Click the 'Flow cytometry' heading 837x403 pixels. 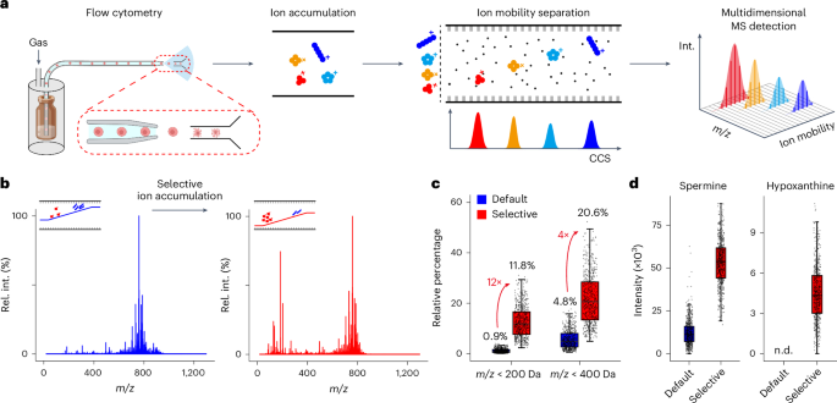click(124, 13)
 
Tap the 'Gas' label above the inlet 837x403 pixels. click(38, 43)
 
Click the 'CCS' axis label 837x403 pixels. click(600, 159)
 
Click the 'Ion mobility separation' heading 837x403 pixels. click(533, 13)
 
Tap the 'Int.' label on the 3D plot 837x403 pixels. click(686, 46)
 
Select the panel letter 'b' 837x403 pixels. click(5, 184)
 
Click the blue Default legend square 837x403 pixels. click(482, 199)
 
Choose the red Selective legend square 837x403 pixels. click(482, 214)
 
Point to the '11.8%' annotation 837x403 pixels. click(522, 265)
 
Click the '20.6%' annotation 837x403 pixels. click(593, 213)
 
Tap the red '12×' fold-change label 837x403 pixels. click(494, 282)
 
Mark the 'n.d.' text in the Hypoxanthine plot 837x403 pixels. click(783, 350)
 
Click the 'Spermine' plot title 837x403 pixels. click(703, 186)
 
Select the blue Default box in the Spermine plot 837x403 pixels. click(689, 334)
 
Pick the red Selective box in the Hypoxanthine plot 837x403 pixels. click(816, 294)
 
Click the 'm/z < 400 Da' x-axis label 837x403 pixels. click(583, 374)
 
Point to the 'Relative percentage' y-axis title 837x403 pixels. click(436, 277)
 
